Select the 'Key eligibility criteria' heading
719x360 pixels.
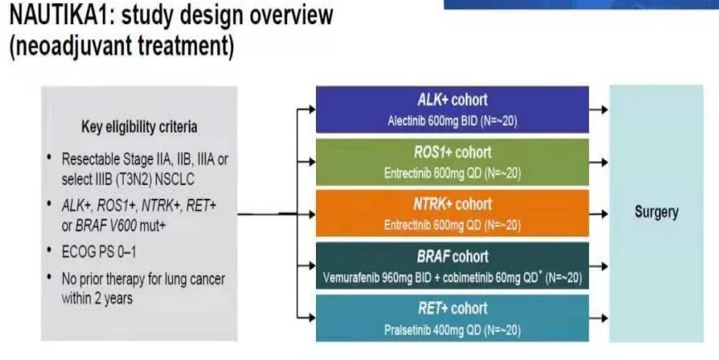138,128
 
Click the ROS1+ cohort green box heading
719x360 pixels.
453,153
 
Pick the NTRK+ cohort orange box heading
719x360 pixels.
453,204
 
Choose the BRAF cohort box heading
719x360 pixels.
453,256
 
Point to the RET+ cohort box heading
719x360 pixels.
453,309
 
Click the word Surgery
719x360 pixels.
656,212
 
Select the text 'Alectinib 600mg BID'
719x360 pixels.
431,121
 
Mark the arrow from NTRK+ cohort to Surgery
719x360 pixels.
597,212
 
